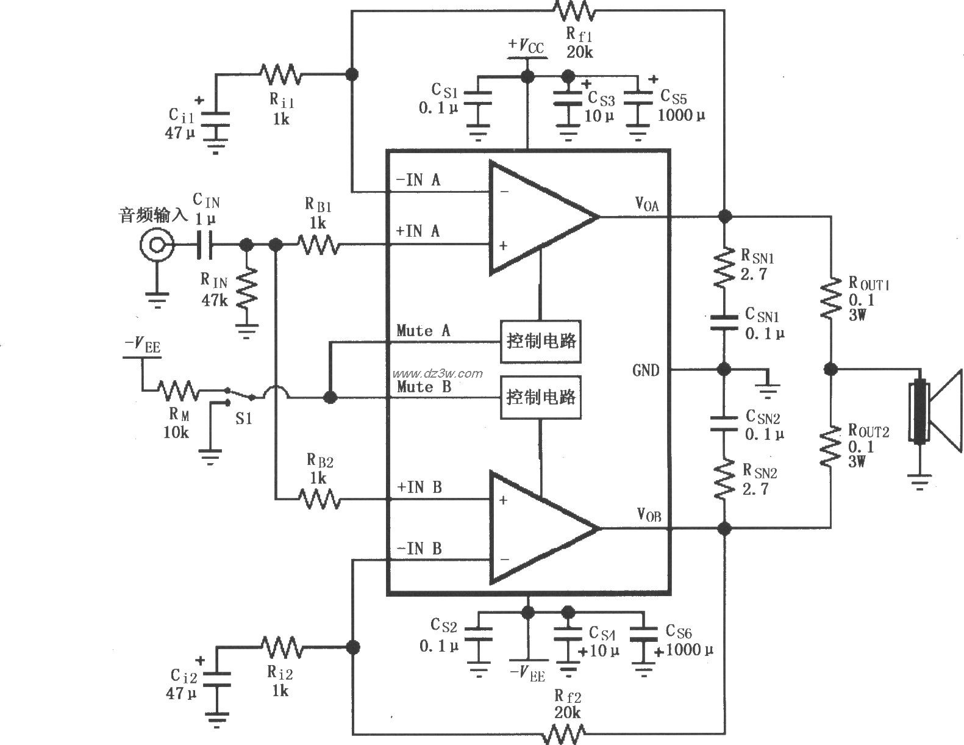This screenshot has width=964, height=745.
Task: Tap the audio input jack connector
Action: click(156, 245)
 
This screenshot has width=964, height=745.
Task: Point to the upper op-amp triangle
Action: click(537, 217)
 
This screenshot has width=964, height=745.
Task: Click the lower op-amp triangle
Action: click(537, 527)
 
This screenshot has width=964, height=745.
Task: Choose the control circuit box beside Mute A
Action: click(540, 341)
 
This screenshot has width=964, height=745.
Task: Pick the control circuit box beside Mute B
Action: click(540, 398)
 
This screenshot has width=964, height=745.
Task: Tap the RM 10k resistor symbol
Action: click(178, 390)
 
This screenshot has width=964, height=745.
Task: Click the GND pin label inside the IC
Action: click(646, 370)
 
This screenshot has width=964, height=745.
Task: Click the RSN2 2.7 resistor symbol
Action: click(724, 479)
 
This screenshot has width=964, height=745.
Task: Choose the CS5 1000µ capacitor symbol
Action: click(638, 104)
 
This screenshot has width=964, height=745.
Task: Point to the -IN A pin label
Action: click(418, 179)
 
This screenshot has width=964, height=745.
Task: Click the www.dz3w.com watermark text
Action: click(437, 373)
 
